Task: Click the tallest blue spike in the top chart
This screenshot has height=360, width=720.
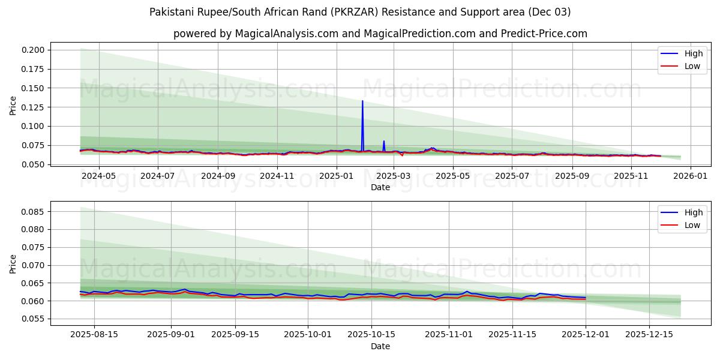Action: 362,101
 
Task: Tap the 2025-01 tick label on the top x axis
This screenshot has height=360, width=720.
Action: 336,176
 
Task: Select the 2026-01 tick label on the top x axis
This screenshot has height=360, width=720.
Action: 690,176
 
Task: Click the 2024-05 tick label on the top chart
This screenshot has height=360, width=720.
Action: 98,176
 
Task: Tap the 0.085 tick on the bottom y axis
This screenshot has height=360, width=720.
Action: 35,212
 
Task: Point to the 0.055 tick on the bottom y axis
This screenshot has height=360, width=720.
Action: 35,319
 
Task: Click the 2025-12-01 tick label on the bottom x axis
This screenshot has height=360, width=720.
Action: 585,334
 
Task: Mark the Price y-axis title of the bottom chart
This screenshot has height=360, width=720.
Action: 13,264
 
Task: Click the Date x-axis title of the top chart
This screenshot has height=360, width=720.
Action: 380,187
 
